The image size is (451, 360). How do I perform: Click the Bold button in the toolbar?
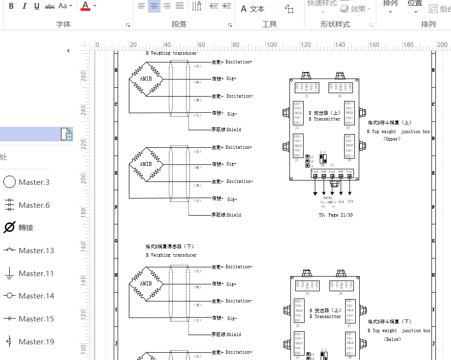tap(11, 6)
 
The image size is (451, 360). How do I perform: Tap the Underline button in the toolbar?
tap(37, 6)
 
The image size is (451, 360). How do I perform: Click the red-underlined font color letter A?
tap(85, 6)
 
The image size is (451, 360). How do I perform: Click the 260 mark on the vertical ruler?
tap(83, 76)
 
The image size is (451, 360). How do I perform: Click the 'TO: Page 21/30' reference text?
tap(335, 215)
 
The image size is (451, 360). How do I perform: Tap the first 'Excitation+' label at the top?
tap(239, 62)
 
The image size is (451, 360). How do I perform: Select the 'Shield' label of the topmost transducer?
tap(233, 130)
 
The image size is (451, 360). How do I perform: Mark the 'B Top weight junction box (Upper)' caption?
tap(398, 132)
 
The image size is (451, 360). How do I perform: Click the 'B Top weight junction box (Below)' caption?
tap(399, 331)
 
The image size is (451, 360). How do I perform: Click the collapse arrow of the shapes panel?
tap(68, 50)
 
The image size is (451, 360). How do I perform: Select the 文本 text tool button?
tap(253, 9)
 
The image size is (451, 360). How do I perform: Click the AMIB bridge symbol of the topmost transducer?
tap(145, 79)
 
